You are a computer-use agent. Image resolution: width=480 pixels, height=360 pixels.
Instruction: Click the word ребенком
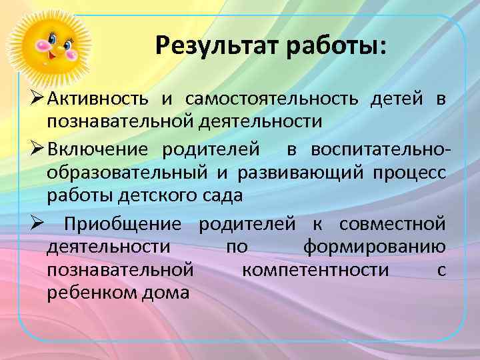click(x=89, y=293)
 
